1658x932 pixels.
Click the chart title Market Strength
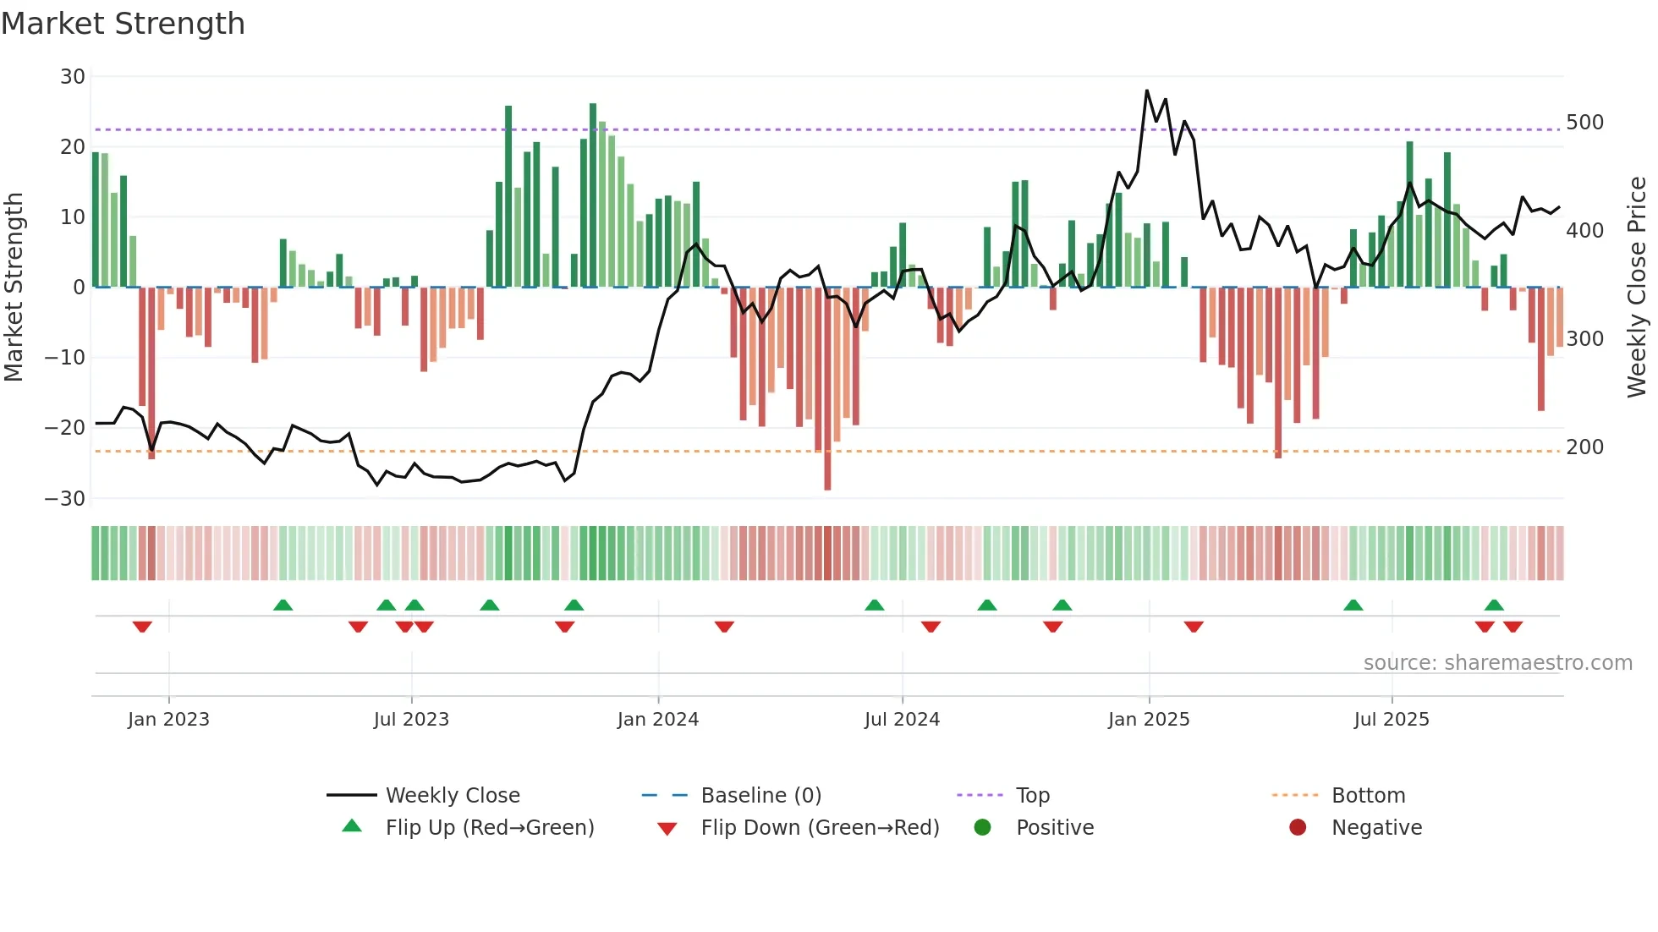(x=123, y=24)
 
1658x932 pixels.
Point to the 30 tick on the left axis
(x=73, y=77)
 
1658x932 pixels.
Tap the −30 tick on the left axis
(x=65, y=498)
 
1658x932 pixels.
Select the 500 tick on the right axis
(x=1584, y=123)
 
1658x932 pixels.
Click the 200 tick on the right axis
(x=1584, y=447)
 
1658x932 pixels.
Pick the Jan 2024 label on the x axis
(x=658, y=720)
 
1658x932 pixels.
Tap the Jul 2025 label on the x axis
(x=1392, y=720)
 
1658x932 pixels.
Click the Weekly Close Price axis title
(x=1637, y=288)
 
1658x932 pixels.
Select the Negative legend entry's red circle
(x=1298, y=827)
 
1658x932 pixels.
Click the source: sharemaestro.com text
(x=1497, y=663)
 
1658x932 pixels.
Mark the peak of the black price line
(x=1147, y=90)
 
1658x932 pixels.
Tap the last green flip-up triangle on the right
(x=1494, y=606)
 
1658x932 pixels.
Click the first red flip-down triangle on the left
(x=142, y=627)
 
